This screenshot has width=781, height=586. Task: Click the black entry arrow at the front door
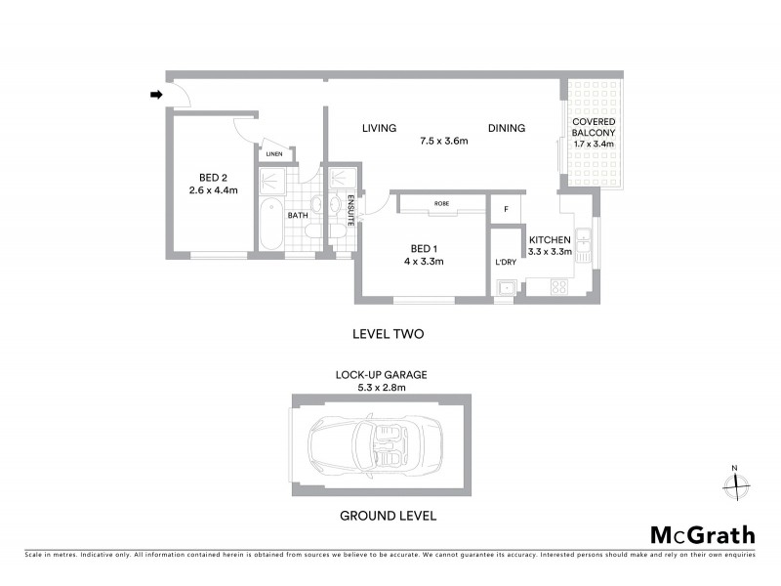coord(155,95)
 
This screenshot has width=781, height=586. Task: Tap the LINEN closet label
coord(274,154)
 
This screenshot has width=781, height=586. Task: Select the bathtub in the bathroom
coord(269,224)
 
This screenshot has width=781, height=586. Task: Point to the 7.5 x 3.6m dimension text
coord(444,141)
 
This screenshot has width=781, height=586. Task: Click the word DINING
coord(507,128)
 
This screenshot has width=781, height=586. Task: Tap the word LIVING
coord(378,128)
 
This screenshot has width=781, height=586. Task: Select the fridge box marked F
coord(505,210)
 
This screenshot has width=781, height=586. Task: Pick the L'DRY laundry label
coord(505,263)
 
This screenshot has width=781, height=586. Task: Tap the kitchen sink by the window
coord(583,240)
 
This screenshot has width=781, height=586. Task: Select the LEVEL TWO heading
coord(388,334)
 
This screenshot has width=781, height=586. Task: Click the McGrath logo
coord(702,534)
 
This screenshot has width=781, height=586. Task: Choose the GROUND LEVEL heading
coord(387,516)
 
